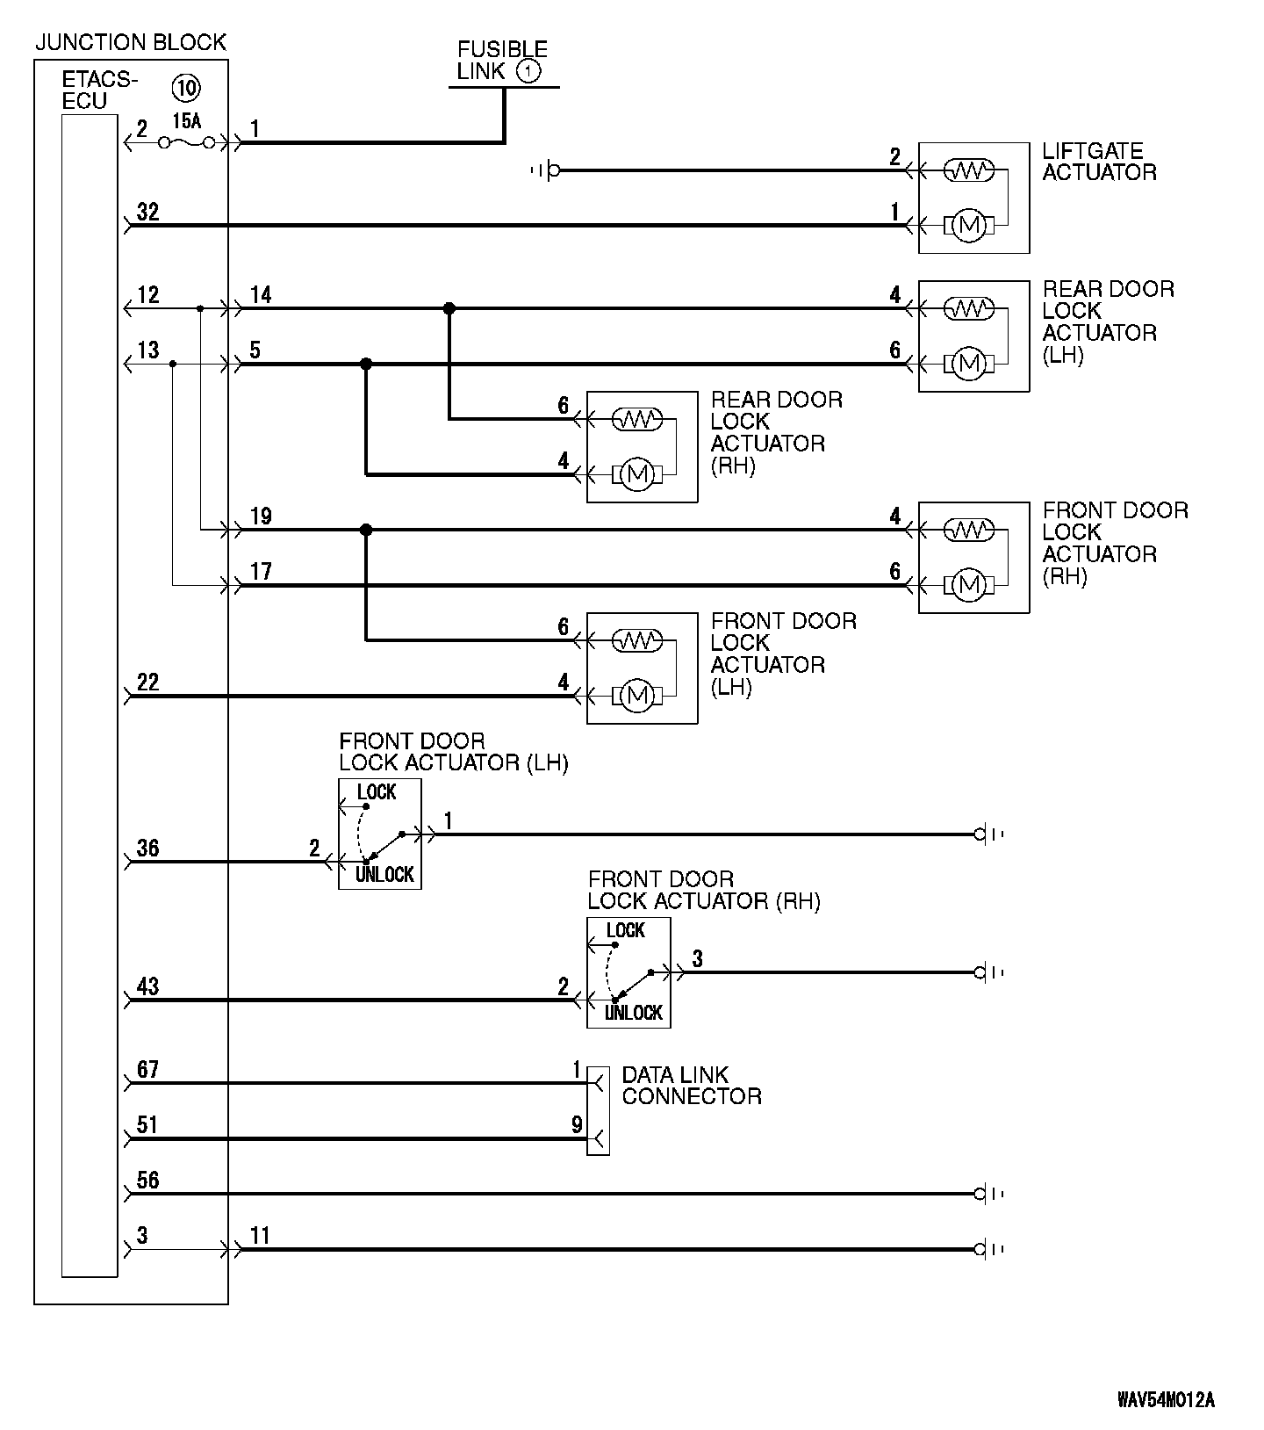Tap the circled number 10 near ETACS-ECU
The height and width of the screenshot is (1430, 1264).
(x=186, y=87)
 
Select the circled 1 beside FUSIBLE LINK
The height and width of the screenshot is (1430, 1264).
(x=528, y=71)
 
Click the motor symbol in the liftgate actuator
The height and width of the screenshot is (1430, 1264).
(x=969, y=226)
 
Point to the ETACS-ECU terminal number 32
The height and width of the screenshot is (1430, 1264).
(x=148, y=212)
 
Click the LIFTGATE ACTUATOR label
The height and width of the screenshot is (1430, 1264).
(x=1099, y=162)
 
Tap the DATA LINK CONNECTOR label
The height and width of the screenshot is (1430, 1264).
(x=692, y=1086)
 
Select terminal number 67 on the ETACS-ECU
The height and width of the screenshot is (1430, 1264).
(x=148, y=1070)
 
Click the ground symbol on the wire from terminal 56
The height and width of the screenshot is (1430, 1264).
(x=988, y=1194)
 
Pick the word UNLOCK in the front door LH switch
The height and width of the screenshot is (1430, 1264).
(x=384, y=875)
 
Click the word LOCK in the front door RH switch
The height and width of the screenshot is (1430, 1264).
(x=626, y=930)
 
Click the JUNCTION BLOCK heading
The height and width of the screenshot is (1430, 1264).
(x=131, y=42)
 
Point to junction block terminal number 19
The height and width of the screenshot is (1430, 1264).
(x=261, y=516)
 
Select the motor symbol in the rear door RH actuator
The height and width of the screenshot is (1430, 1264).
(x=637, y=475)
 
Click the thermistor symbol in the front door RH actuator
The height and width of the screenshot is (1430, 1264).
(x=969, y=531)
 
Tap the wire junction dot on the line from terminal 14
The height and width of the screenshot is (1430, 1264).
(x=449, y=308)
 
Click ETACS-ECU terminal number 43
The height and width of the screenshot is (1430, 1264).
(x=148, y=986)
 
